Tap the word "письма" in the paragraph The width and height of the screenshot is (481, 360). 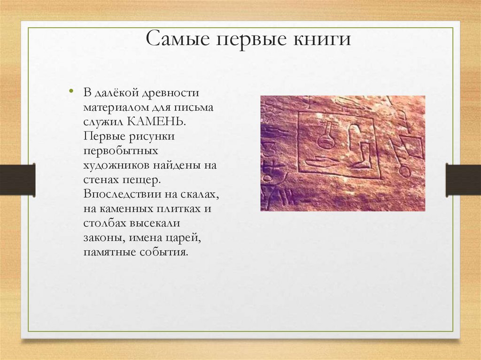pyautogui.click(x=194, y=107)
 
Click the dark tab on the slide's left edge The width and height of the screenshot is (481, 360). pyautogui.click(x=17, y=180)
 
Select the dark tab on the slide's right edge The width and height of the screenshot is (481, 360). pyautogui.click(x=463, y=180)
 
